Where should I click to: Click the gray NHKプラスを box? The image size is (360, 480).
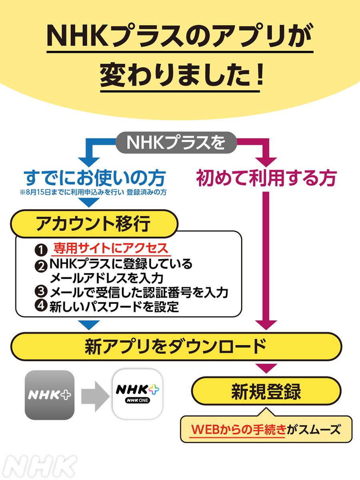coord(176,143)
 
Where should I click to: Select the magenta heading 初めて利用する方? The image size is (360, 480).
coord(266,178)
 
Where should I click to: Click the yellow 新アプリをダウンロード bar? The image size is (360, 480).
coord(176,346)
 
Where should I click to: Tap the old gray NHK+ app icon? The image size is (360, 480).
coord(50,395)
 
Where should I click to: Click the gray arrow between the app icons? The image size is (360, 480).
coord(95,395)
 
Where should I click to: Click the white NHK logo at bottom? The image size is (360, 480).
coord(42,466)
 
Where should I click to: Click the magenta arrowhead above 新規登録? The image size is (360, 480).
coord(266,368)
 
